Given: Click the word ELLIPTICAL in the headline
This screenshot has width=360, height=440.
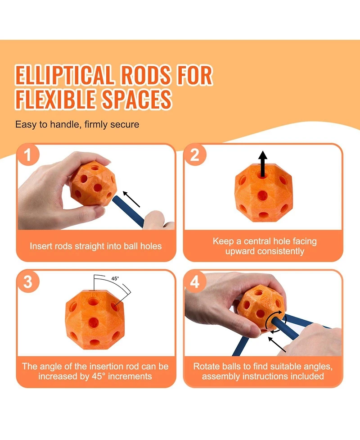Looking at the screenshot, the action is point(64,75).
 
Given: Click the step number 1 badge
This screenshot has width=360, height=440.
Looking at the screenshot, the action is point(27,154).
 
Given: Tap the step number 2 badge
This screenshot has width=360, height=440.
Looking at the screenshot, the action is point(194,154).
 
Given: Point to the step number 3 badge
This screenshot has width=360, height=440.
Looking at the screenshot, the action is point(27,281).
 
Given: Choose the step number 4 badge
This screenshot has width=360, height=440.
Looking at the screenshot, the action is point(194,281).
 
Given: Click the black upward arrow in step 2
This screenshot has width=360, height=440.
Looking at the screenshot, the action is point(263,164).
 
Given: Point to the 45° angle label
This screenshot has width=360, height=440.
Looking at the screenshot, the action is point(115,278).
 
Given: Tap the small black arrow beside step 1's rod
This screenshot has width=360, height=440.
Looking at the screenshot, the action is point(131,199).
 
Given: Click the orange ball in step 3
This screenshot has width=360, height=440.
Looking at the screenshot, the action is point(95,320).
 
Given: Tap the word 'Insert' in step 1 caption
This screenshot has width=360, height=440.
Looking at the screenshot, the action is point(41,246).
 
